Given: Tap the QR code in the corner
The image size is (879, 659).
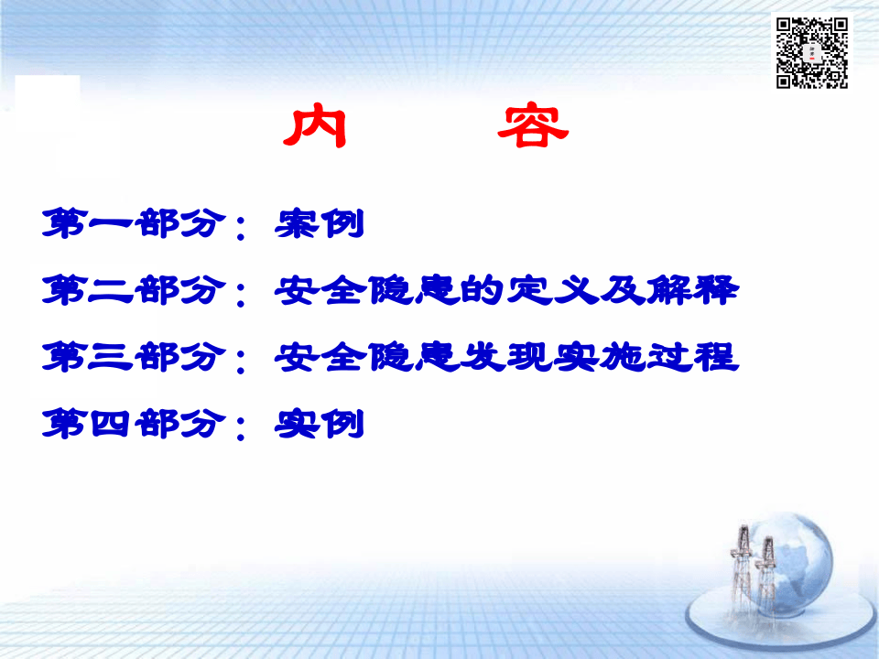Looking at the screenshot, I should (812, 52).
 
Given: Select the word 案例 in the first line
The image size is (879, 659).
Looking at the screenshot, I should (320, 225).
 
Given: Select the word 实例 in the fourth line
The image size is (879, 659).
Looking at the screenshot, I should (320, 425).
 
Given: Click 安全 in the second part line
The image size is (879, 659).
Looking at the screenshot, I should (320, 291).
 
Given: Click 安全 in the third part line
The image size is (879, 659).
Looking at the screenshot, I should (320, 358).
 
